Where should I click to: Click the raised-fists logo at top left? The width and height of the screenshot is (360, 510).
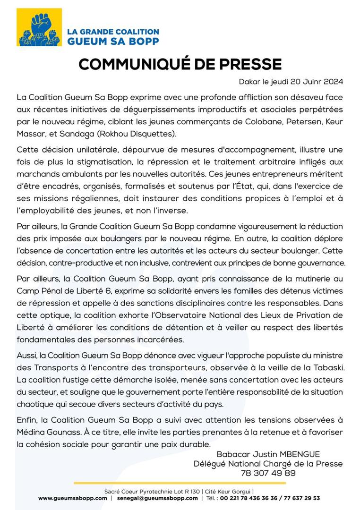coord(40,27)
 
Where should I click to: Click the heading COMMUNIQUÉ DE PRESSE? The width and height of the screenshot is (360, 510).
coord(180,64)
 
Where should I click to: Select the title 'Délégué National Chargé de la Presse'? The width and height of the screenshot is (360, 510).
coord(268,464)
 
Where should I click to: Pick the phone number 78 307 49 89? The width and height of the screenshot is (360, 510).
coord(268,473)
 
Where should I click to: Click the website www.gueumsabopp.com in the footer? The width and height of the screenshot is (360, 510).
coord(73,498)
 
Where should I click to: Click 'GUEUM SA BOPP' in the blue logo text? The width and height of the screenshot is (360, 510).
coord(112,41)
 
